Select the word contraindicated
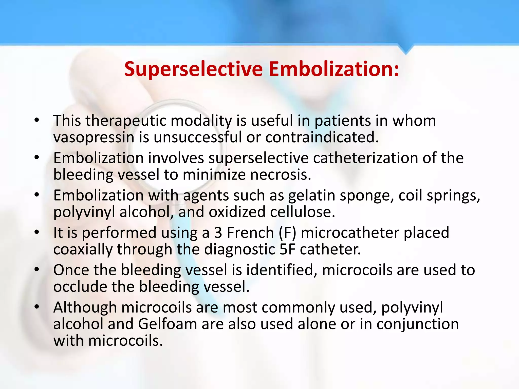322,138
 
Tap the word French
250,233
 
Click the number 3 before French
218,233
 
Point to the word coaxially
83,249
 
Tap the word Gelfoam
168,324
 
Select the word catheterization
365,158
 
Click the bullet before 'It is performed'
37,232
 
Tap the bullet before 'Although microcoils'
37,307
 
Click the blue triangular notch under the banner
406,49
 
